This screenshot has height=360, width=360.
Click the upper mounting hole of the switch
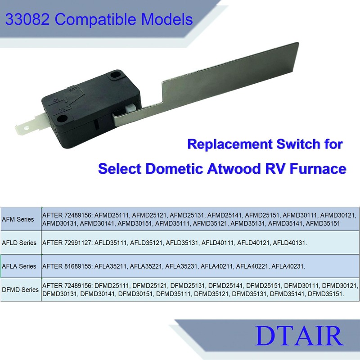(118, 73)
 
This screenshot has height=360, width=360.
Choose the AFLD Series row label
(19, 243)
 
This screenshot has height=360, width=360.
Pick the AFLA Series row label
(19, 266)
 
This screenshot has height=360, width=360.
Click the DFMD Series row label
(20, 290)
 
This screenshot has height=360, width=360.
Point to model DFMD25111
(112, 286)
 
